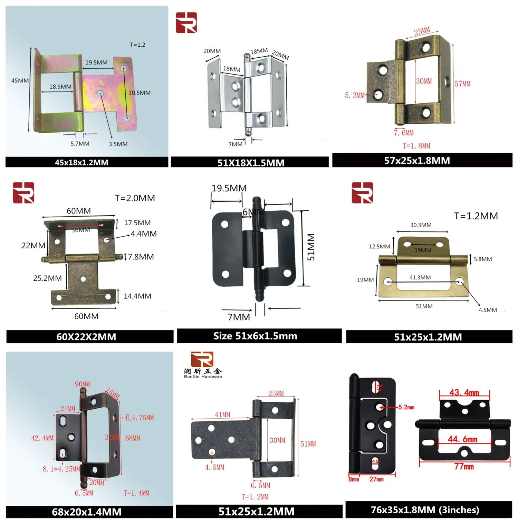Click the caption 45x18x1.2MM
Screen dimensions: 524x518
pyautogui.click(x=81, y=162)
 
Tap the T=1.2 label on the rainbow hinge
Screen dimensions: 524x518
pyautogui.click(x=137, y=45)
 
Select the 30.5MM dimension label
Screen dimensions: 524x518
pyautogui.click(x=140, y=93)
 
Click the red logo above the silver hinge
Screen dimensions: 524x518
pyautogui.click(x=186, y=23)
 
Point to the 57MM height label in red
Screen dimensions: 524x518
pyautogui.click(x=462, y=84)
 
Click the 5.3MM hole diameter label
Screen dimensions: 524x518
pyautogui.click(x=355, y=95)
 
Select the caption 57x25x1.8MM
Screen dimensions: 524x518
pyautogui.click(x=417, y=161)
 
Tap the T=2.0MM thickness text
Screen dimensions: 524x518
pyautogui.click(x=135, y=198)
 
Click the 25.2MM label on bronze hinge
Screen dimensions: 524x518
pyautogui.click(x=47, y=278)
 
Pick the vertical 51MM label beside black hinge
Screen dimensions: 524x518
pyautogui.click(x=311, y=247)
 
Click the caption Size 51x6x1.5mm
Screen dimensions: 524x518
pyautogui.click(x=255, y=336)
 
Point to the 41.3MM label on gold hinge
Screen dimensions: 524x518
pyautogui.click(x=420, y=277)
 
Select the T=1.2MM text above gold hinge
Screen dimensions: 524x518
pyautogui.click(x=476, y=216)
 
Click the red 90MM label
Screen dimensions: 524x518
pyautogui.click(x=82, y=384)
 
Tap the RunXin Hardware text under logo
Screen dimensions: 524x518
pyautogui.click(x=203, y=377)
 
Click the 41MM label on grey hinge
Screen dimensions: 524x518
pyautogui.click(x=222, y=415)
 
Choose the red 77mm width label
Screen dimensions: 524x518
pyautogui.click(x=464, y=467)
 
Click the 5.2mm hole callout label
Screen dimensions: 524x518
pyautogui.click(x=406, y=407)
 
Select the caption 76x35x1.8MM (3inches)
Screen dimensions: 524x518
pyautogui.click(x=425, y=510)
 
